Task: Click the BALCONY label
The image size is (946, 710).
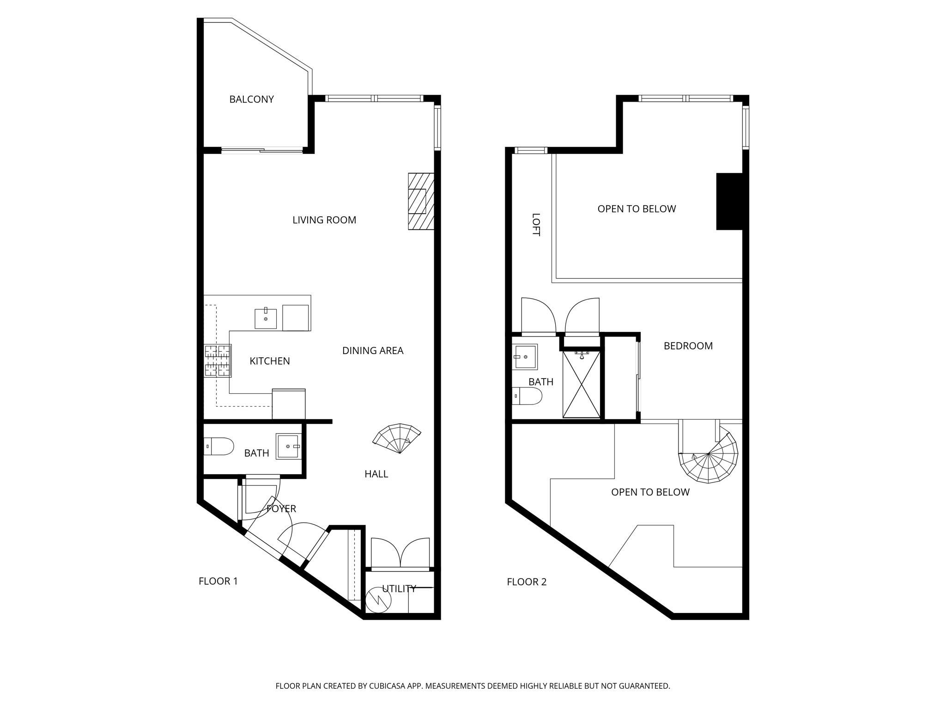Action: click(251, 99)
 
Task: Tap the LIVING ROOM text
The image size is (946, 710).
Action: click(324, 220)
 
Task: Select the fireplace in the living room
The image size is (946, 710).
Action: click(421, 201)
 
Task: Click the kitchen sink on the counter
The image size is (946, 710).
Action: click(266, 318)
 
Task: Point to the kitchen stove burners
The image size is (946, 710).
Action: click(218, 361)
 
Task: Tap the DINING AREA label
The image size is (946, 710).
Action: click(373, 351)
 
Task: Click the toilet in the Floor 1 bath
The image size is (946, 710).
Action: click(219, 446)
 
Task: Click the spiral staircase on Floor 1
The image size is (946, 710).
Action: click(397, 438)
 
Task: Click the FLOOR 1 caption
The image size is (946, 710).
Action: click(218, 581)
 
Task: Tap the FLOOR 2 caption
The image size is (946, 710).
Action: click(527, 582)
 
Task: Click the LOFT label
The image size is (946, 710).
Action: click(536, 225)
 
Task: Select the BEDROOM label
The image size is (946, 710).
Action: click(688, 346)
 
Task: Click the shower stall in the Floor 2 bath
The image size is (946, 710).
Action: click(582, 384)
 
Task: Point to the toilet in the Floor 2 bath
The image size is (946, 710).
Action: click(527, 396)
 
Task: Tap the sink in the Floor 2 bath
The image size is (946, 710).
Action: click(525, 357)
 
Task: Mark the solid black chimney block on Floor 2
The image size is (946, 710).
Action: click(729, 201)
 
